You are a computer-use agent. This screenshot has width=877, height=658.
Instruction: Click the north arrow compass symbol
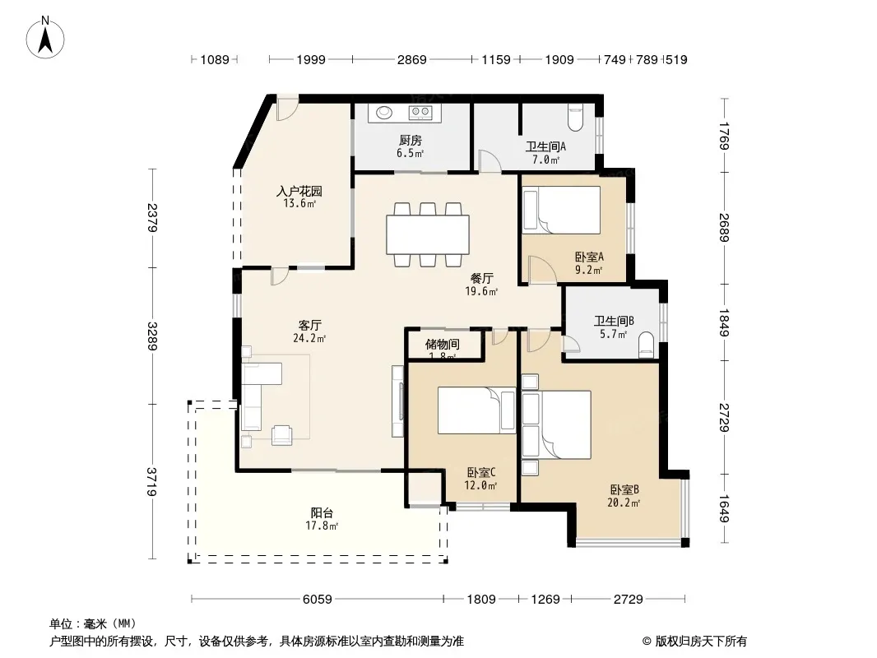tap(45, 38)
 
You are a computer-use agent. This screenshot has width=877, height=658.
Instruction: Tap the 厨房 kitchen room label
tap(411, 141)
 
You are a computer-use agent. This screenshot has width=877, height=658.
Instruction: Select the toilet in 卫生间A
tap(576, 116)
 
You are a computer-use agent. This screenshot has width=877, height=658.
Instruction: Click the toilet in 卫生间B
tap(646, 345)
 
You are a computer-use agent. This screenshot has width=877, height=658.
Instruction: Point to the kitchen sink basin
tap(383, 113)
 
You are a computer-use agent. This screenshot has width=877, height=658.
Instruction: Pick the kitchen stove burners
tap(420, 113)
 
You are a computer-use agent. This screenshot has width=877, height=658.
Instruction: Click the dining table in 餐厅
tap(427, 234)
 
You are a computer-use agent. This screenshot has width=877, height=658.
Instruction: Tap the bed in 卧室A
tap(562, 210)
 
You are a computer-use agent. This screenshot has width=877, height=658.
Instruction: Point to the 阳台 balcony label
tap(322, 512)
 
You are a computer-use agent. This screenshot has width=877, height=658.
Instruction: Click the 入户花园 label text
tap(299, 191)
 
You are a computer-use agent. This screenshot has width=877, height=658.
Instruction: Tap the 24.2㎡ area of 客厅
tap(309, 338)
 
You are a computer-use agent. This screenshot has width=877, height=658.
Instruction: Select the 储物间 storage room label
tap(443, 344)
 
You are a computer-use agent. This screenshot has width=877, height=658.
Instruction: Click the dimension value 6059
tap(317, 600)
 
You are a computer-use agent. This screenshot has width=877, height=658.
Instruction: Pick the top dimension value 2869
tap(411, 60)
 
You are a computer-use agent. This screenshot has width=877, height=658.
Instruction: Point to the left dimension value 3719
tap(151, 481)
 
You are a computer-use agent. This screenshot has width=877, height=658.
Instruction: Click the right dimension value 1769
tap(724, 136)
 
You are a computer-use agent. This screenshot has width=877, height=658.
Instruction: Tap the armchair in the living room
tap(282, 435)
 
